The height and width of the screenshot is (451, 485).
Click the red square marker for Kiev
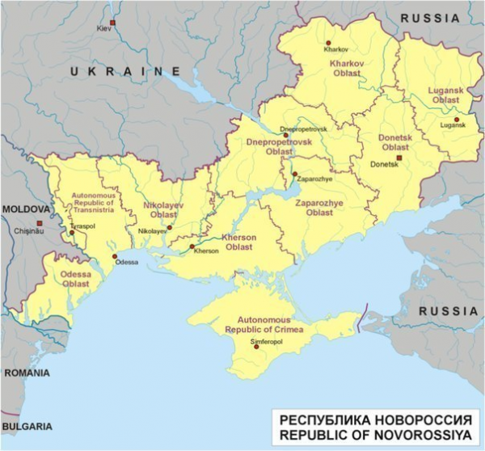tap(112, 22)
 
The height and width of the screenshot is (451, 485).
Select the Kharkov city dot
tap(327, 43)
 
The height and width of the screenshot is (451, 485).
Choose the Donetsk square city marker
tap(398, 158)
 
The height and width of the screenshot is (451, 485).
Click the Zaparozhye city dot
tap(294, 174)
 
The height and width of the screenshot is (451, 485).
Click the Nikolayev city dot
tap(169, 227)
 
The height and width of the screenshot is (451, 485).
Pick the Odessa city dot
tap(113, 256)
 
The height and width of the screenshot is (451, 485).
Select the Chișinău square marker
tap(38, 223)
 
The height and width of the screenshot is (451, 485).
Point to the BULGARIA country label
tap(27, 425)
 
